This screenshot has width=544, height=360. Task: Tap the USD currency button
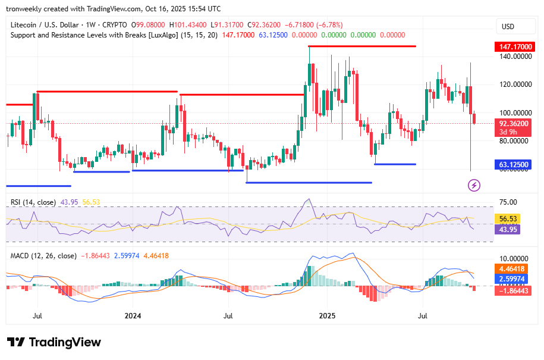click(x=508, y=27)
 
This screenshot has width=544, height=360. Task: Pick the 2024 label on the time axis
click(x=133, y=315)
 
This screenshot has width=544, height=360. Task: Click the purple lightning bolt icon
click(x=474, y=185)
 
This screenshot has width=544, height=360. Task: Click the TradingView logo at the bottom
click(x=54, y=342)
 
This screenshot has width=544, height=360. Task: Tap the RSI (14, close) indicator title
click(x=33, y=202)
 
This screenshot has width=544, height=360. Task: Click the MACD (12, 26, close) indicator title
click(x=43, y=256)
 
